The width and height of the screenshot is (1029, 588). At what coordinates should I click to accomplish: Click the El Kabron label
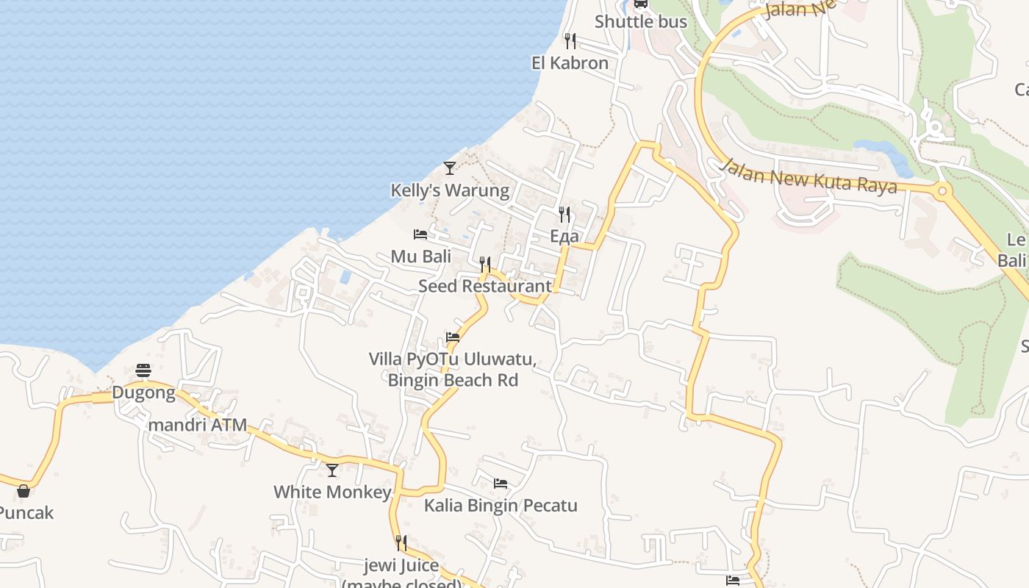(x=570, y=63)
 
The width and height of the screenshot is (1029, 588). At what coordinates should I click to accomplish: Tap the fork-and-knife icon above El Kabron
(x=570, y=40)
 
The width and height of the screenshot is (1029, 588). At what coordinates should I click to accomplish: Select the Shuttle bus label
(x=640, y=22)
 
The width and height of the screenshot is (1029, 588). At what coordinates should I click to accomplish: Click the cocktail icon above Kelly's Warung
(x=450, y=168)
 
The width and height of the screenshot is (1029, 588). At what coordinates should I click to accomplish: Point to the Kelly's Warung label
(x=450, y=191)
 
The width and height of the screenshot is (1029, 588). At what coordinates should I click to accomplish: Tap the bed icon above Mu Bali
(x=420, y=234)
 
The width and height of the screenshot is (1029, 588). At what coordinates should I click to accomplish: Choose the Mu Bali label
(x=420, y=257)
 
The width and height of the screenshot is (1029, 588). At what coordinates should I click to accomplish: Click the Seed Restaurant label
(x=484, y=286)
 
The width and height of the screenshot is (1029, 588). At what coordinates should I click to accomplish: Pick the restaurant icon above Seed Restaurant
(x=485, y=264)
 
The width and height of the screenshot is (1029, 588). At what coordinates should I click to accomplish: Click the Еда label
(x=564, y=237)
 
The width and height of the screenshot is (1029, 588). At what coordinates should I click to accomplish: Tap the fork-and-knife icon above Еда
(x=564, y=214)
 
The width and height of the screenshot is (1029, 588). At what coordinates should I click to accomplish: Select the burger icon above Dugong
(x=143, y=370)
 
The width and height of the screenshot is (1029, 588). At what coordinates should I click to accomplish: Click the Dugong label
(x=143, y=392)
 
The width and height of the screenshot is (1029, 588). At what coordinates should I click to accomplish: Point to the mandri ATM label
(x=198, y=425)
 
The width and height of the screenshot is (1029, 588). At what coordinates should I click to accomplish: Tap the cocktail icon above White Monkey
(x=332, y=470)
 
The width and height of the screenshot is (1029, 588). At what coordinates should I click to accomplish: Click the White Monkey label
(x=332, y=492)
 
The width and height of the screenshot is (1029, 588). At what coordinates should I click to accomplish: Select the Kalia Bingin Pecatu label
(x=501, y=506)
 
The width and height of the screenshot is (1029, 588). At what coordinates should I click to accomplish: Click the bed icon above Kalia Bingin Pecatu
(x=501, y=484)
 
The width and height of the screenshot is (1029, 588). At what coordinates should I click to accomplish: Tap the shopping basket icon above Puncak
(x=24, y=491)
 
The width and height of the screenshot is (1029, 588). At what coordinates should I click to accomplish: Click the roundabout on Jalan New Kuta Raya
(x=942, y=191)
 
